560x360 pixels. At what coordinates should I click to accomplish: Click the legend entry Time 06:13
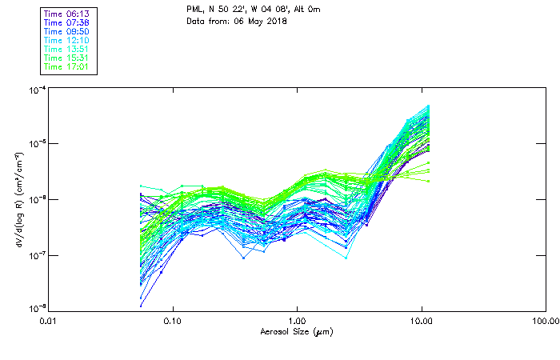point(67,14)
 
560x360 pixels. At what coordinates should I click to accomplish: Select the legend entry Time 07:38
point(67,22)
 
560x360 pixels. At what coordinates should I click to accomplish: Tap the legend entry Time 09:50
point(67,31)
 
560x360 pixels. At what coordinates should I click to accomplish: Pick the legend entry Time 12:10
point(67,40)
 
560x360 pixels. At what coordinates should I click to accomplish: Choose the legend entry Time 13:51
point(67,49)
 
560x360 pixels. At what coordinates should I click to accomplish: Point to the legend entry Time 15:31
point(67,58)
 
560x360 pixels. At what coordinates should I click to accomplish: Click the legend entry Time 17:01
point(67,66)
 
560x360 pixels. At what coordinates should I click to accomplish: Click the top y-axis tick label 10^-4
point(36,90)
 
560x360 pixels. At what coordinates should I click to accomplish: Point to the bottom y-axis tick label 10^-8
point(36,308)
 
